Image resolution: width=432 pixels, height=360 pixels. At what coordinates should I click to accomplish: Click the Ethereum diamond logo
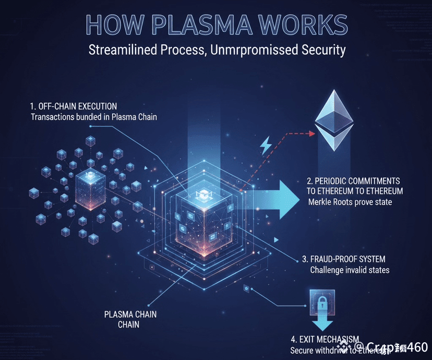tap(334, 121)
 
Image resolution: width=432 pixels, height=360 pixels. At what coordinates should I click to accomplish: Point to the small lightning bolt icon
tap(266, 146)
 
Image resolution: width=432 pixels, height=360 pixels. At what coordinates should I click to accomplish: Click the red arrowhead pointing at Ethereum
tap(312, 134)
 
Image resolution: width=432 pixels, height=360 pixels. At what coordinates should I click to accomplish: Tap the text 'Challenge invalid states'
tap(350, 270)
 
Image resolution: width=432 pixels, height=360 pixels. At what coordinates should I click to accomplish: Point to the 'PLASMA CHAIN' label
tap(130, 315)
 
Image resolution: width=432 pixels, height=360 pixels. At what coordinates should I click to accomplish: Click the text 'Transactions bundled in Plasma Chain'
tap(94, 117)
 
